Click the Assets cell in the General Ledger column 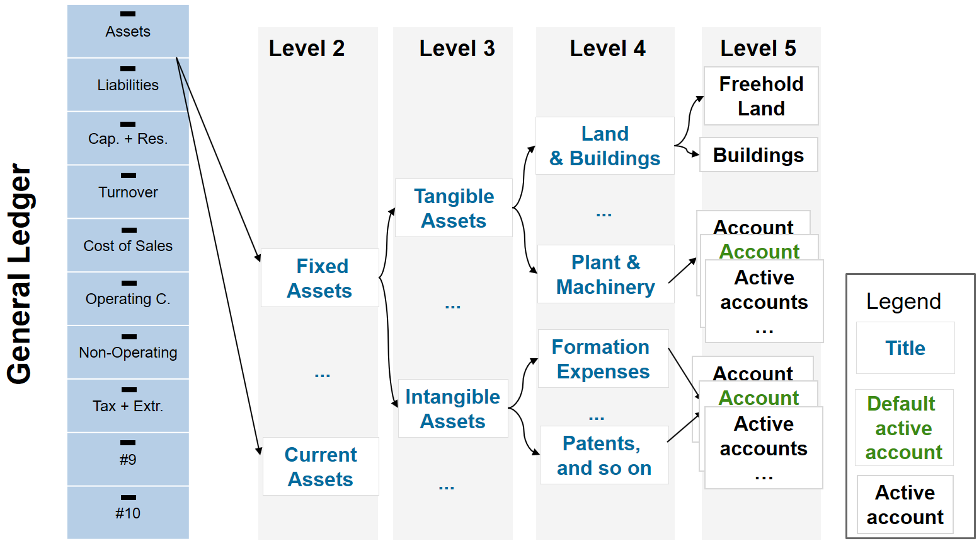click(x=128, y=31)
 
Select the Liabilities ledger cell click(x=128, y=85)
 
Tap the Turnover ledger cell click(x=128, y=192)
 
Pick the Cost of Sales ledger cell click(x=128, y=245)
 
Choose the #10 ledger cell click(x=128, y=512)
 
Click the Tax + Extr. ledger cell click(x=128, y=406)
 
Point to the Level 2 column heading click(x=307, y=48)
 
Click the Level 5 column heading click(x=759, y=48)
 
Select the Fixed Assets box click(x=320, y=278)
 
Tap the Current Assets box click(x=321, y=467)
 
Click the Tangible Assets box click(x=454, y=208)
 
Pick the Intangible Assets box click(x=453, y=408)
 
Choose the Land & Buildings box click(x=605, y=146)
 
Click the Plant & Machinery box click(x=606, y=274)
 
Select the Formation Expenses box click(x=603, y=358)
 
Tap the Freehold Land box click(x=761, y=96)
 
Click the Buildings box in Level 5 click(x=759, y=155)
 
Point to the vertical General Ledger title click(x=20, y=274)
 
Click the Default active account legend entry click(x=904, y=428)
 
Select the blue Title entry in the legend click(x=905, y=348)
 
